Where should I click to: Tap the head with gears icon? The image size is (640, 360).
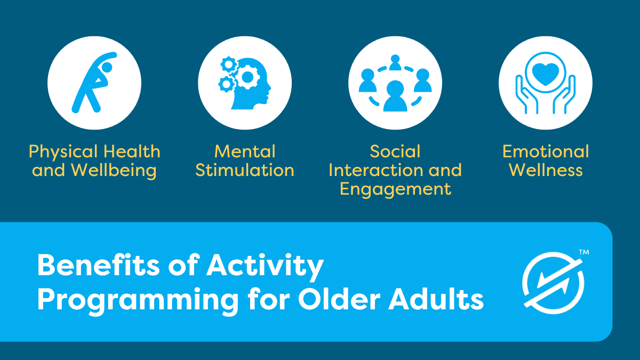tap(245, 83)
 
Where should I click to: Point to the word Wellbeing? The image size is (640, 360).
tap(114, 171)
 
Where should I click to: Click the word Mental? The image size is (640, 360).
tap(245, 151)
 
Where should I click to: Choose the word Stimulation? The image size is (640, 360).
tap(245, 170)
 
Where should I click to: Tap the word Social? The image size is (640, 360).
tap(395, 151)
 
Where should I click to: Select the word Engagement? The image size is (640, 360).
tap(395, 189)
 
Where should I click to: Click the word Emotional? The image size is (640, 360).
tap(546, 151)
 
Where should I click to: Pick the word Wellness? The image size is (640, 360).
tap(546, 170)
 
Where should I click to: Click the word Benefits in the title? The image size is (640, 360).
tap(98, 265)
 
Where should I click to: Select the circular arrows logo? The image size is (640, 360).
tap(553, 283)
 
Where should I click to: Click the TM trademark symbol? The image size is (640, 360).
tap(584, 252)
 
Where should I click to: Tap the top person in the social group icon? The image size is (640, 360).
tap(395, 62)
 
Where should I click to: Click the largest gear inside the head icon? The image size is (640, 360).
tap(247, 77)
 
